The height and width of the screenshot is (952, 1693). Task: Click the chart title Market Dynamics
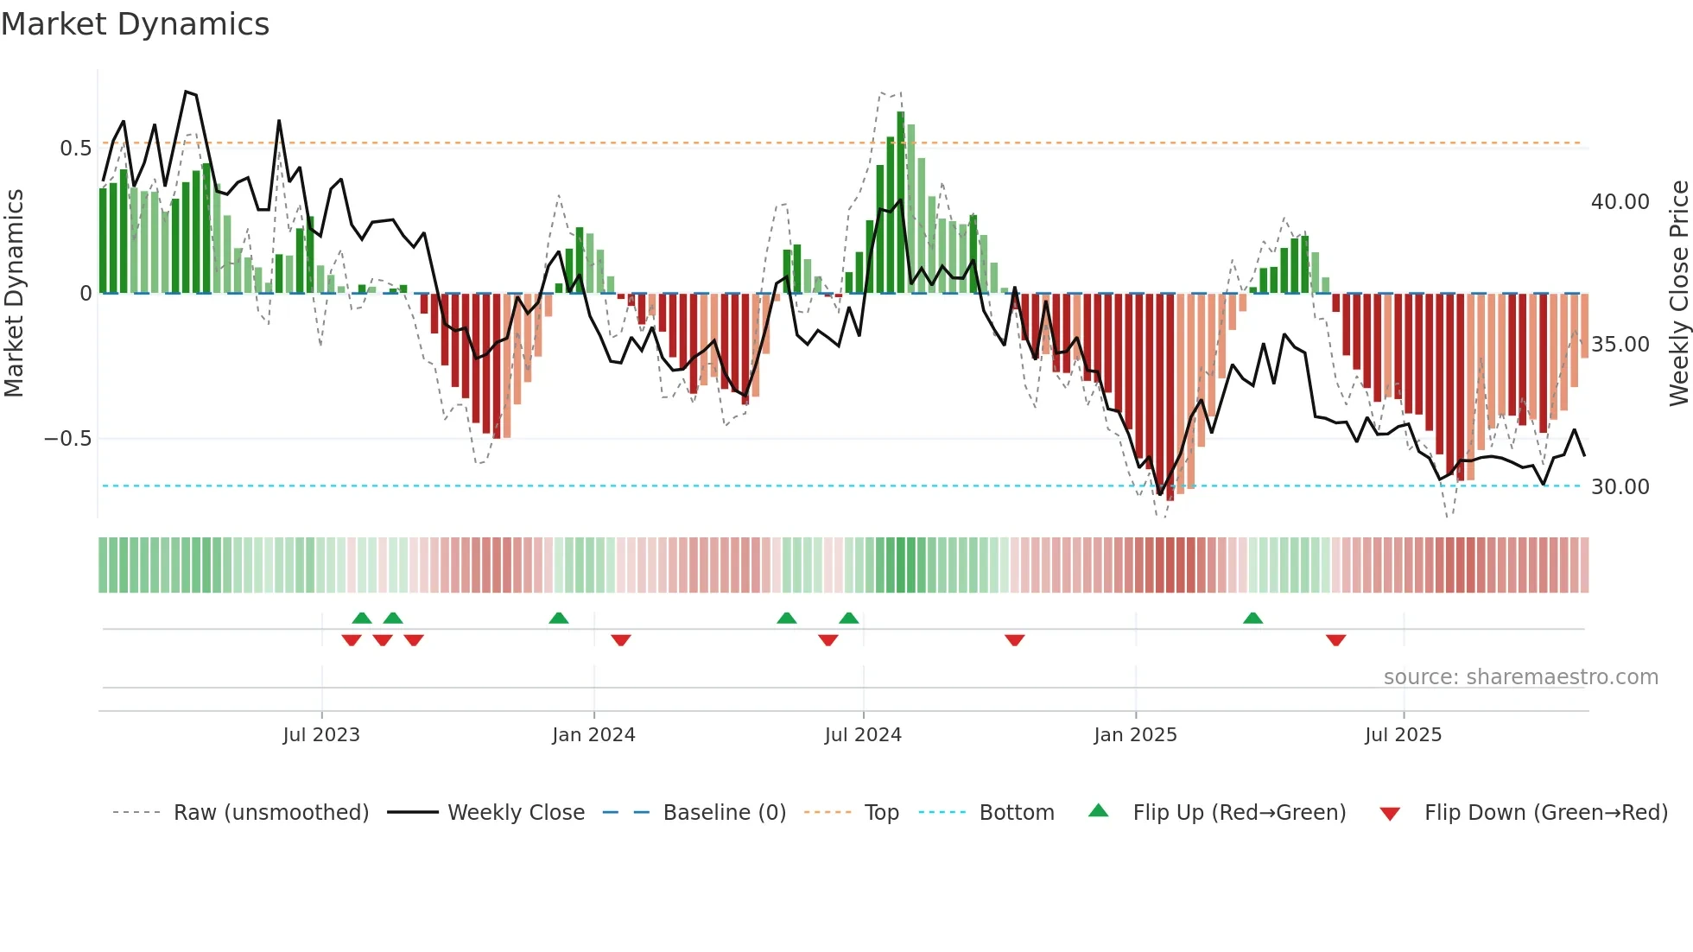[136, 24]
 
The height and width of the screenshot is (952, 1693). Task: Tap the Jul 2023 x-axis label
[321, 735]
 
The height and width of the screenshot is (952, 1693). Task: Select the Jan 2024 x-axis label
[593, 735]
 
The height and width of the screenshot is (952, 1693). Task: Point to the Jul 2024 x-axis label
[863, 735]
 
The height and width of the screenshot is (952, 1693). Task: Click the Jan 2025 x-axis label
[1135, 735]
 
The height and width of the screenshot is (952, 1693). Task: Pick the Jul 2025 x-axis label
[1404, 735]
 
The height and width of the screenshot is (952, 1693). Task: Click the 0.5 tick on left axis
[75, 149]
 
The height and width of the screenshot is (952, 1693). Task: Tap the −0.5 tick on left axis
[68, 439]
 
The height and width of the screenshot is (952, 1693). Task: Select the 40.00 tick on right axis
[1620, 202]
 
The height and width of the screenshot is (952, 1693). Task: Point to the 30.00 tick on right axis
[1620, 487]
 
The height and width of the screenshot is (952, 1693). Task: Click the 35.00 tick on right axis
[1620, 345]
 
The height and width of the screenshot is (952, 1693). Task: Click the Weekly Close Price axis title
[1678, 294]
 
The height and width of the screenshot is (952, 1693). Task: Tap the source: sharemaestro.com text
[1520, 677]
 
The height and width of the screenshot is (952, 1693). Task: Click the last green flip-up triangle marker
[1252, 618]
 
